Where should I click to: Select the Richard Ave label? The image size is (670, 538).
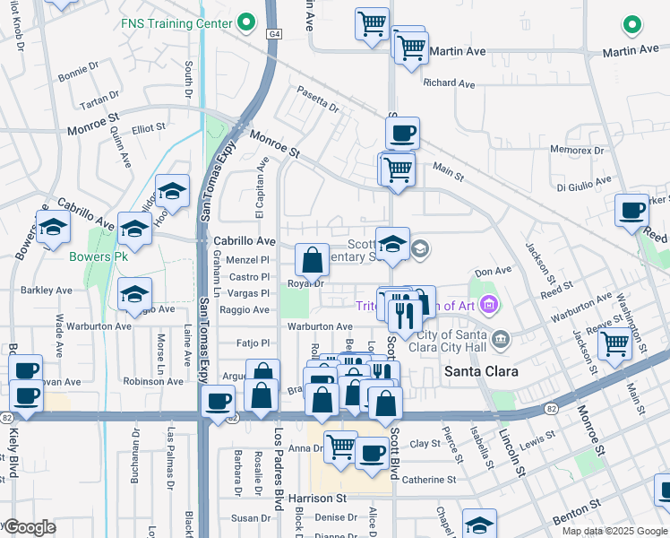pyautogui.click(x=450, y=83)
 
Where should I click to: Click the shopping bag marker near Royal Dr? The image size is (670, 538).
pyautogui.click(x=312, y=261)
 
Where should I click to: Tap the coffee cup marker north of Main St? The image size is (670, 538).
pyautogui.click(x=402, y=134)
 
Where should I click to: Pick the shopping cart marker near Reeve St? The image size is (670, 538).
pyautogui.click(x=614, y=343)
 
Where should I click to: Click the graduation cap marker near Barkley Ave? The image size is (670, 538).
pyautogui.click(x=134, y=293)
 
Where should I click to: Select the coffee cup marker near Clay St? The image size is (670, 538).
pyautogui.click(x=371, y=452)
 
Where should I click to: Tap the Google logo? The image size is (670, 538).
pyautogui.click(x=30, y=528)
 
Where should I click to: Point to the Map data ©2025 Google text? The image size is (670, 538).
pyautogui.click(x=614, y=531)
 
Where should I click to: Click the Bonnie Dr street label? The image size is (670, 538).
pyautogui.click(x=78, y=65)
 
